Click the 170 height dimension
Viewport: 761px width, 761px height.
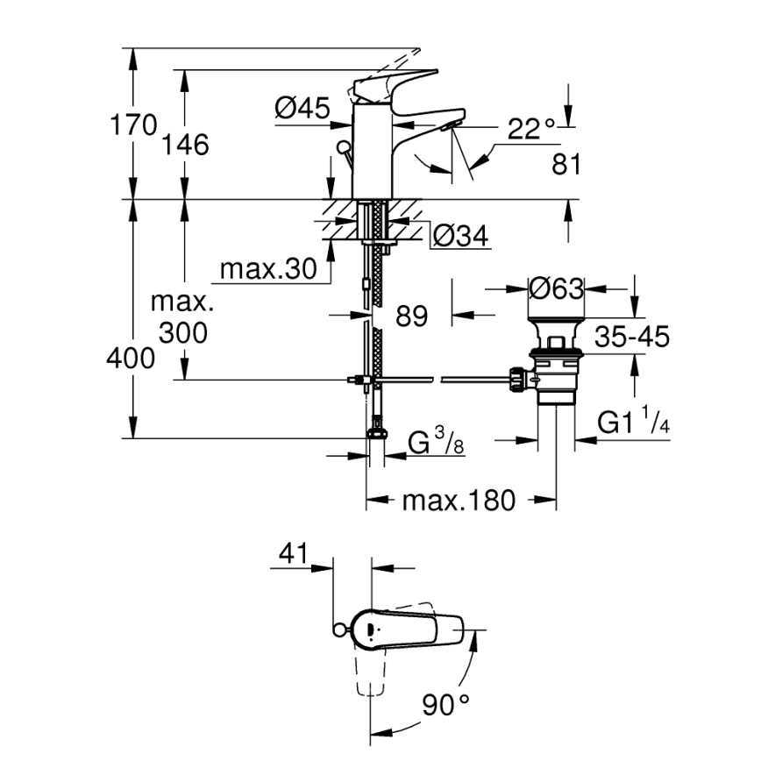point(133,125)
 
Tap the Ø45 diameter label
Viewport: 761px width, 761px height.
point(302,109)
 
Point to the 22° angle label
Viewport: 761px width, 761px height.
point(532,129)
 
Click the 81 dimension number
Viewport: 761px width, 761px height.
point(566,164)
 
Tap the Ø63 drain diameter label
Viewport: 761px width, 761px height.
point(556,288)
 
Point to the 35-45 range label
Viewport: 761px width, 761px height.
point(631,336)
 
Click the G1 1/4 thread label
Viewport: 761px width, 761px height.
point(633,423)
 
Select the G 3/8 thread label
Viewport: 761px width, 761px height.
point(436,445)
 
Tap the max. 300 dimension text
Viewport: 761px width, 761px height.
point(182,317)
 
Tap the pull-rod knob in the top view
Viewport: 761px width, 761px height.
point(338,629)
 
